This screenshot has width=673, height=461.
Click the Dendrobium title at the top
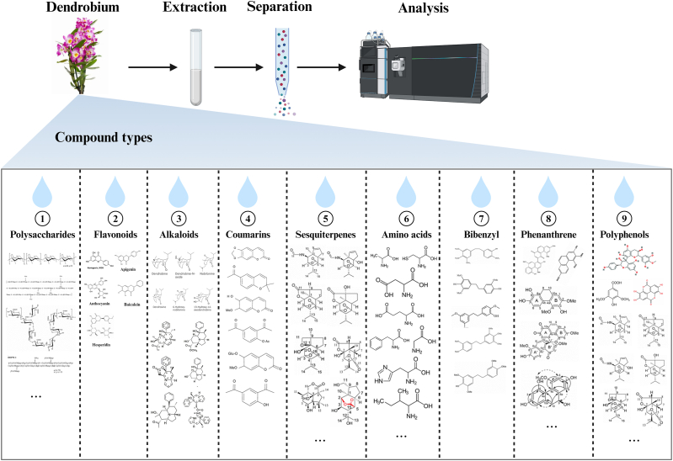(x=87, y=9)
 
